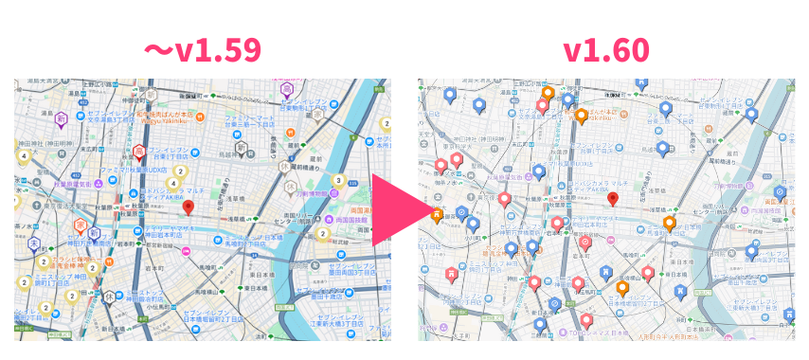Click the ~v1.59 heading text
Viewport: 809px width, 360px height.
coord(201,49)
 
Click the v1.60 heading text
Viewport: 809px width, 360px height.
coord(606,49)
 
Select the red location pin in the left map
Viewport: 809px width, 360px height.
coord(188,207)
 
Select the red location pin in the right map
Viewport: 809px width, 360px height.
coord(613,199)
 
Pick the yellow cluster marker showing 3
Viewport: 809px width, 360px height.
coord(338,181)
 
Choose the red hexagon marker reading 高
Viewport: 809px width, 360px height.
coord(138,151)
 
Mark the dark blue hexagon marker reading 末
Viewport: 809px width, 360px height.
coord(34,243)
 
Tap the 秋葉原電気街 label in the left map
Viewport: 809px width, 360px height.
coord(71,185)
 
